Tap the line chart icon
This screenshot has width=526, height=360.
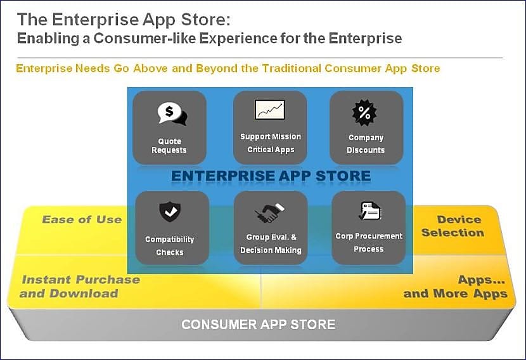[270, 110]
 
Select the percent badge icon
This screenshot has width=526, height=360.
[364, 112]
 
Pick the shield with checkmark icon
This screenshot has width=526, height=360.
[170, 211]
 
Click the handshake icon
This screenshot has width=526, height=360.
[269, 213]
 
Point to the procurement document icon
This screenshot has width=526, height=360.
[369, 210]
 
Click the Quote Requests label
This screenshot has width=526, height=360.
[169, 146]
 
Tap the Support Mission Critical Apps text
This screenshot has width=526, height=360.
[271, 143]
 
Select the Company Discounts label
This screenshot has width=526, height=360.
[366, 144]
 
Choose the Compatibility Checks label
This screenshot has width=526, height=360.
[170, 245]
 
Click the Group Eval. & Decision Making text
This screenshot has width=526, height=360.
[271, 243]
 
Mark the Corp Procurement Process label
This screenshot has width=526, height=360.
[369, 243]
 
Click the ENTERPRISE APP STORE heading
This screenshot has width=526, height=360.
[271, 176]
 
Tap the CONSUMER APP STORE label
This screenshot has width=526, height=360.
[259, 324]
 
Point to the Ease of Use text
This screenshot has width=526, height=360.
[82, 219]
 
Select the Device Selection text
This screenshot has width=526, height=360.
[453, 226]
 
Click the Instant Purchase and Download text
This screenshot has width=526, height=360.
[80, 286]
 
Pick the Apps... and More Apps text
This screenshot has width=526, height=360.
[455, 286]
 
